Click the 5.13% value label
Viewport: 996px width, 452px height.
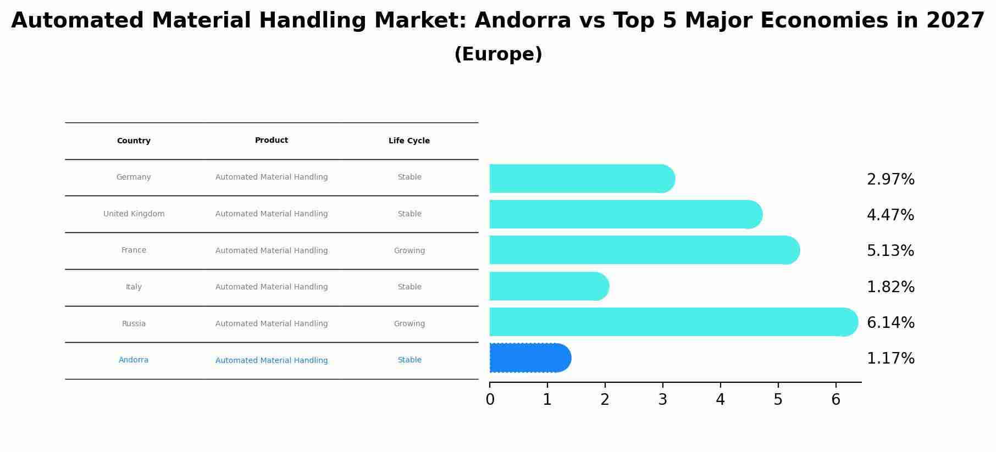(x=890, y=251)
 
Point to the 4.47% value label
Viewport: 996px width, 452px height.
(x=890, y=215)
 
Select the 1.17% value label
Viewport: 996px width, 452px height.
(x=890, y=359)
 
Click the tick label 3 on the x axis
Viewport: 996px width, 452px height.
(x=662, y=400)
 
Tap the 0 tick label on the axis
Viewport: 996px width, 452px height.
(x=490, y=400)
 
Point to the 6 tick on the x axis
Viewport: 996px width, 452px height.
(x=835, y=400)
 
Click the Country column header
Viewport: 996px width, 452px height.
(x=134, y=141)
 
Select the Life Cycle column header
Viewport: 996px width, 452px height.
(x=409, y=141)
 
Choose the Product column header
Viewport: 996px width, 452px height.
(x=272, y=141)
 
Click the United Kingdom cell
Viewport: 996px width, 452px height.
(x=134, y=214)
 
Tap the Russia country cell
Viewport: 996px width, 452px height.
(x=134, y=324)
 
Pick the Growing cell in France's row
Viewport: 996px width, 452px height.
(x=409, y=251)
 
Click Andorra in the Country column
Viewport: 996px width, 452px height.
(x=134, y=360)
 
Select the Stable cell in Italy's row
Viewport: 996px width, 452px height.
(x=409, y=287)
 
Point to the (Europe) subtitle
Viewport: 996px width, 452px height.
(x=498, y=54)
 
